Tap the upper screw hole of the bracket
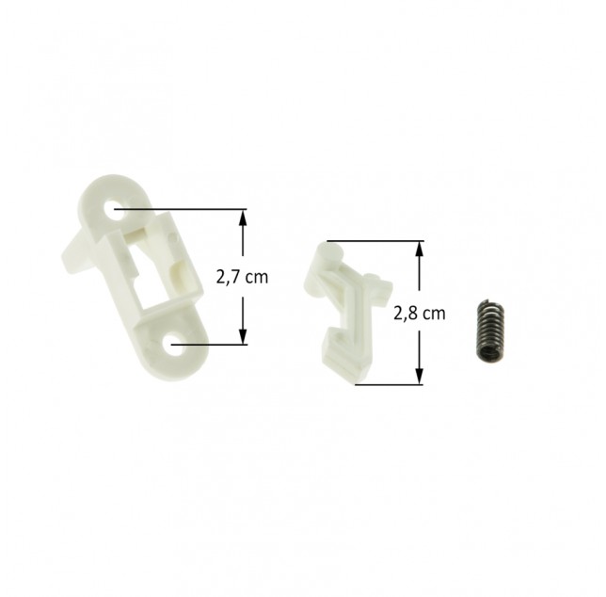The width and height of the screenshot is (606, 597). point(115,209)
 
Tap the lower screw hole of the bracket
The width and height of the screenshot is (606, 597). point(172,344)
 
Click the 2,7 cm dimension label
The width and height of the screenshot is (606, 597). point(242,277)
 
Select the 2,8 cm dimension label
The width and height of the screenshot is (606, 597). point(420,313)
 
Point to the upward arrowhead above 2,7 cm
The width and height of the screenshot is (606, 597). point(243,218)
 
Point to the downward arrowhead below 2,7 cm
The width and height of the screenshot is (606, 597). point(243,335)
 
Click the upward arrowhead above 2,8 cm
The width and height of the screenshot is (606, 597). point(420,250)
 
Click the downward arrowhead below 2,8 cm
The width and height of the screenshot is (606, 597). point(420,376)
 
